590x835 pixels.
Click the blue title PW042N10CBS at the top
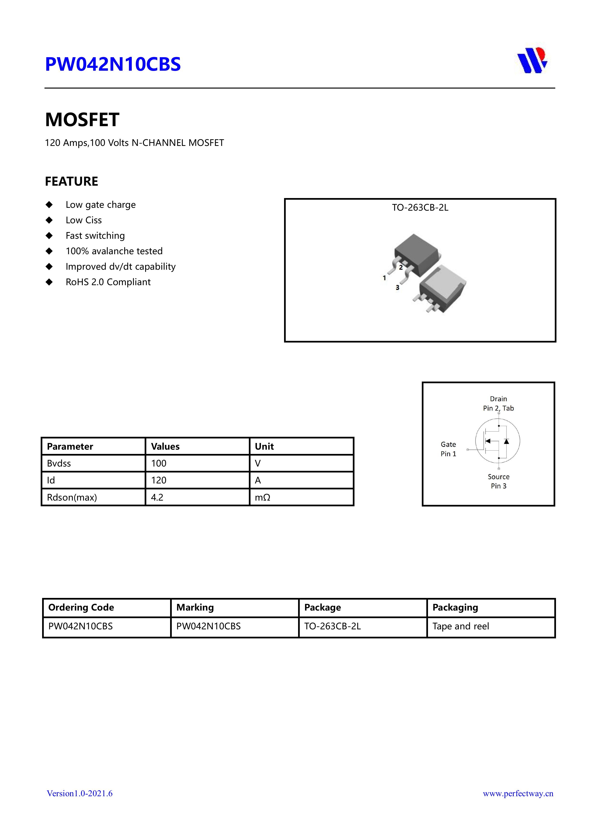point(113,64)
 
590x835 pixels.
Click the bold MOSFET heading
point(82,120)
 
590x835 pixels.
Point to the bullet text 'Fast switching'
point(95,236)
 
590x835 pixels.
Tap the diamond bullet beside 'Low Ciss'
point(49,220)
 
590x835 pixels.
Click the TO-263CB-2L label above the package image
point(420,208)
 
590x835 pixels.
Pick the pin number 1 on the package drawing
point(384,278)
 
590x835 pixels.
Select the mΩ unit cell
point(262,497)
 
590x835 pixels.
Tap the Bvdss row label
point(59,463)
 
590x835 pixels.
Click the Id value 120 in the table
point(159,480)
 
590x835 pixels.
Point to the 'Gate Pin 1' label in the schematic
point(448,449)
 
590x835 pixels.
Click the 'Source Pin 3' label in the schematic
point(498,481)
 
